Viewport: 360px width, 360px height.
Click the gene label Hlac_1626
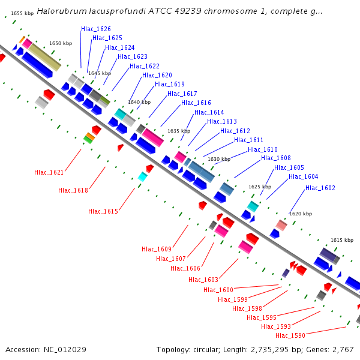pos(96,29)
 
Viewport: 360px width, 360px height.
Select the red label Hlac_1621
pos(49,172)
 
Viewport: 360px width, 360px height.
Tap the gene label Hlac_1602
pos(320,188)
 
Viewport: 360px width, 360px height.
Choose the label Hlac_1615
pos(103,211)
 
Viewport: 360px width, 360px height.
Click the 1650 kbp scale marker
pos(61,43)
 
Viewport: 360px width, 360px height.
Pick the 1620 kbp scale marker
pos(301,214)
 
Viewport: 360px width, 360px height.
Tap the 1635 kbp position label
pos(179,131)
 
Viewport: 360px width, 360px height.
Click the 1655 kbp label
pos(22,13)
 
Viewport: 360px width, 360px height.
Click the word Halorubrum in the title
pos(62,11)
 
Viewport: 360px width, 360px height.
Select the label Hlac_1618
pos(73,190)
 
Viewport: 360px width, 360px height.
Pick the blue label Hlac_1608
pos(276,158)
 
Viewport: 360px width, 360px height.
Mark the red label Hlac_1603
pos(203,280)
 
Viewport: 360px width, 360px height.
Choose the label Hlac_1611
pos(248,140)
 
